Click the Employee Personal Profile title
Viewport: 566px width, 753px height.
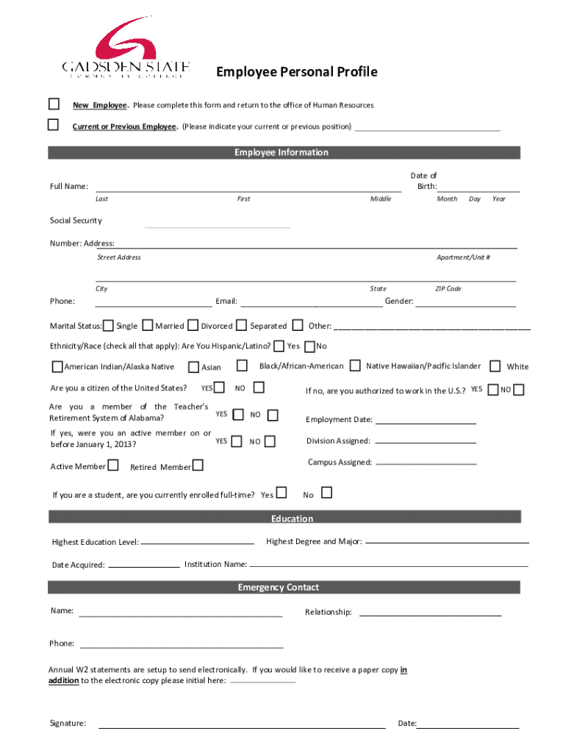(x=296, y=71)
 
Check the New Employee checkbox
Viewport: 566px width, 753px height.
(x=54, y=104)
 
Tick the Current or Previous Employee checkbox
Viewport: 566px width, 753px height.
(x=54, y=125)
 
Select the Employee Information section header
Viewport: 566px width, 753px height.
(x=284, y=153)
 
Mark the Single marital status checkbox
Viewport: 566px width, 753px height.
(x=108, y=326)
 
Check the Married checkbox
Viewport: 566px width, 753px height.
(x=148, y=325)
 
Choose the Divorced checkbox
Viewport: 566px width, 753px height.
(x=193, y=325)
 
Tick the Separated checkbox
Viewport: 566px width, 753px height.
(x=241, y=325)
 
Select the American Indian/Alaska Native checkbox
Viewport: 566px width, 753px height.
(x=57, y=367)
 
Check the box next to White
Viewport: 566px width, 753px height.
(x=495, y=366)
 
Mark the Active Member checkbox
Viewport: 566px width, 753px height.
(x=113, y=465)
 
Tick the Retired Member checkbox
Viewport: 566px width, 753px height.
(x=198, y=465)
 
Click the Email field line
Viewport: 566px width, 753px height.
(x=312, y=305)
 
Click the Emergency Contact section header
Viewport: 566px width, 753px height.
(x=284, y=587)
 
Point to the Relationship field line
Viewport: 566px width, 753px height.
(x=430, y=615)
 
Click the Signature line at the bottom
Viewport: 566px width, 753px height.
(x=242, y=727)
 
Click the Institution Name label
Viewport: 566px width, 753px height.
(x=215, y=565)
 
